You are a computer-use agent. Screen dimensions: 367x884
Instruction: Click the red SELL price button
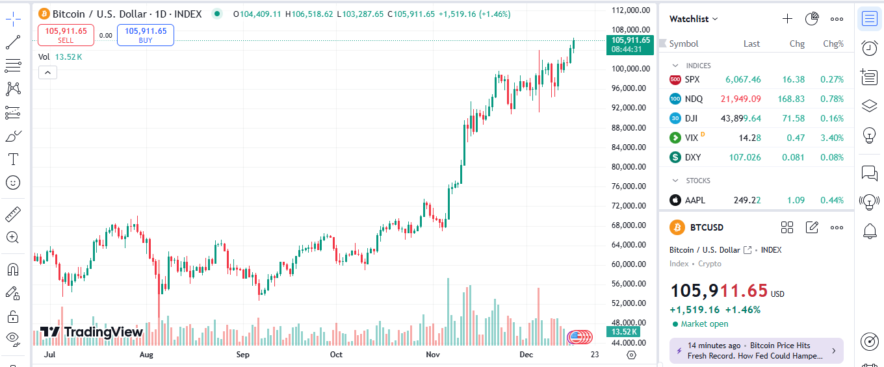coord(66,35)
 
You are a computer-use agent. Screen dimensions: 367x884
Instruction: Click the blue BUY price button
coord(146,35)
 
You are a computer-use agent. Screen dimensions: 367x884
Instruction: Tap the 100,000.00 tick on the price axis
coord(629,69)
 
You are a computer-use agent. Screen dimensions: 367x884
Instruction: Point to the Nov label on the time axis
coord(433,355)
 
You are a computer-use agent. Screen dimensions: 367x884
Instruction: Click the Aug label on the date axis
coord(146,355)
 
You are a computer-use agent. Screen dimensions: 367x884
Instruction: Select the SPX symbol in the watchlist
coord(692,79)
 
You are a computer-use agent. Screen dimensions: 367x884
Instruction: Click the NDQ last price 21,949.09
coord(740,99)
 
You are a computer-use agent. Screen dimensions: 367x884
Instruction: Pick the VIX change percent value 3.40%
coord(833,138)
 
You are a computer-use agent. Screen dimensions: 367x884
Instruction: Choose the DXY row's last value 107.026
coord(744,157)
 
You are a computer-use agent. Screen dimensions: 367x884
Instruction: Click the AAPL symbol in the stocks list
coord(695,200)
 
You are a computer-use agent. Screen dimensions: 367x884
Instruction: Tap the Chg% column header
coord(833,44)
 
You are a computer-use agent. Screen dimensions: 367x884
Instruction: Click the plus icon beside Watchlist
coord(787,19)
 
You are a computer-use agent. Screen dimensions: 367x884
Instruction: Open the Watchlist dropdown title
coord(694,19)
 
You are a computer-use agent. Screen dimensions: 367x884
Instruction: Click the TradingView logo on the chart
coord(91,332)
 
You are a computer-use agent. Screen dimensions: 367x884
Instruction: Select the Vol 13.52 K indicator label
coord(60,57)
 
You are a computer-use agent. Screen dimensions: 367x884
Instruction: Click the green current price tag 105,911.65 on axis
coord(627,44)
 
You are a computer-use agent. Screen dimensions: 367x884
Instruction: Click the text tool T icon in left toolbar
coord(12,159)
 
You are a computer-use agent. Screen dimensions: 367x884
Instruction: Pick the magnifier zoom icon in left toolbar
coord(12,237)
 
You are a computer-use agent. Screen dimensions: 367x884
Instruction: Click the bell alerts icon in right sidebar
coord(869,230)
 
